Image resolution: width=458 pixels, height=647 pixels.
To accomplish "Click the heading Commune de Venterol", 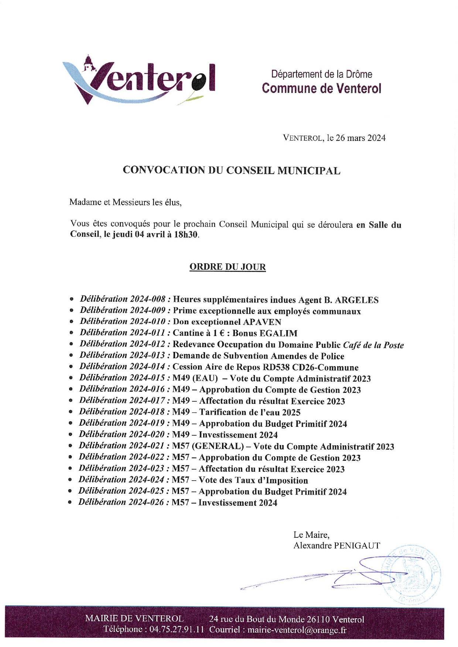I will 321,89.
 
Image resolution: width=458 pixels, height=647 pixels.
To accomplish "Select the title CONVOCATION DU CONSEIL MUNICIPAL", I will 232,170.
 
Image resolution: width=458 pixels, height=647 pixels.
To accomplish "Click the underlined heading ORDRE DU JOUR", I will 228,267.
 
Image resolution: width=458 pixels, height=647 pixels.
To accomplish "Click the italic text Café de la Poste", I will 373,345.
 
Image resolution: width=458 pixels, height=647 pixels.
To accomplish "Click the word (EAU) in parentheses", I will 205,379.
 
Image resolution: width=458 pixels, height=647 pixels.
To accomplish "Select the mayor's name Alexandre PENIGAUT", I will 336,546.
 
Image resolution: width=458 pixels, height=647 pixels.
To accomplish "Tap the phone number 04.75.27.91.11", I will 177,629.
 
